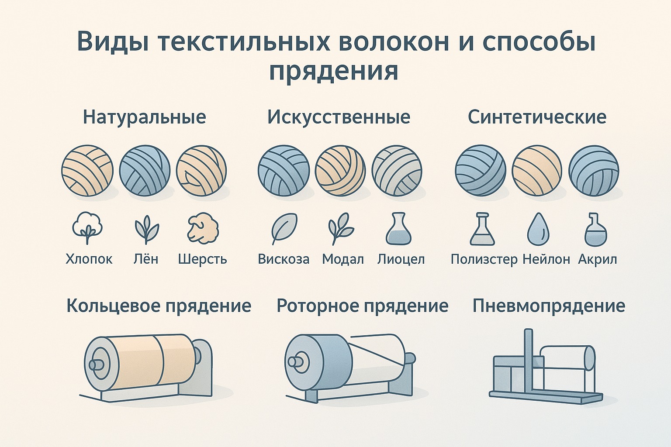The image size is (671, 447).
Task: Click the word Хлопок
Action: pos(89,259)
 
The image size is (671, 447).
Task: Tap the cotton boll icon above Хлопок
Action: pos(87,228)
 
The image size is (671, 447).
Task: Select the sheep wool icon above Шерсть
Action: pos(203,228)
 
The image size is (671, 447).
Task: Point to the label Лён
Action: pos(145,259)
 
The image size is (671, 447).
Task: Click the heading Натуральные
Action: pos(144,117)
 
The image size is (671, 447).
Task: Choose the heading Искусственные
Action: pos(339,117)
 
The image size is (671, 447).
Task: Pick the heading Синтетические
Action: pos(537,117)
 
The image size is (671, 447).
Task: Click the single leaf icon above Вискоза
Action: pos(284,228)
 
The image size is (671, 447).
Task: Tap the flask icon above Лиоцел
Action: pos(398,228)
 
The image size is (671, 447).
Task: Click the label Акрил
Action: pos(597,259)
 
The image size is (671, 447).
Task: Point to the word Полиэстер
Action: pos(484,259)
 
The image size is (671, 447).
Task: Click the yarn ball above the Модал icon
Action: pos(340,171)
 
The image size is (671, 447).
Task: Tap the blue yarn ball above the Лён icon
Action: pos(145,171)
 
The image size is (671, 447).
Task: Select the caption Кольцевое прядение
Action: pos(159,306)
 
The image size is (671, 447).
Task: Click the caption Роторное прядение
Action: pos(363,306)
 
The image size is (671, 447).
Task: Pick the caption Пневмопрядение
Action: pos(549,306)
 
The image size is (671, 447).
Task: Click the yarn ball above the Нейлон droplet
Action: pos(537,171)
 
